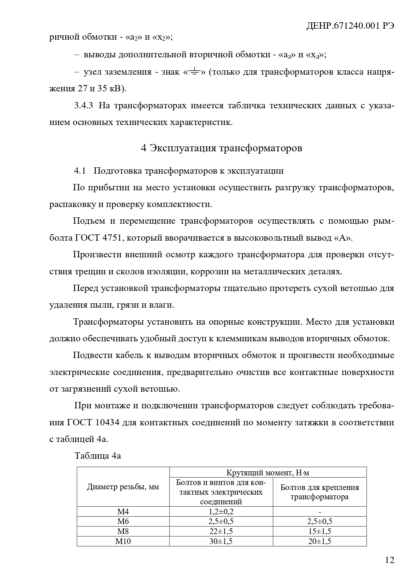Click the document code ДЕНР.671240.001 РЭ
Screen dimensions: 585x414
pos(350,26)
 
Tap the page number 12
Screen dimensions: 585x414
pos(389,560)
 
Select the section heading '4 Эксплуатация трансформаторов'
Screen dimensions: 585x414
pos(222,148)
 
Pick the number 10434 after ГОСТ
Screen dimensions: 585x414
pos(107,423)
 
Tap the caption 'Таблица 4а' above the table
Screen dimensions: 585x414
pos(98,456)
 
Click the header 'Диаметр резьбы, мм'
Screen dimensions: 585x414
pos(123,487)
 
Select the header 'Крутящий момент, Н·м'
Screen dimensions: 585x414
pos(268,472)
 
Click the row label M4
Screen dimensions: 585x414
pos(123,512)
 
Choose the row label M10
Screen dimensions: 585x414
pos(123,541)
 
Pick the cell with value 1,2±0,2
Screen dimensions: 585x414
pos(221,512)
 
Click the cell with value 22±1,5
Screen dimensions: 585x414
pos(221,531)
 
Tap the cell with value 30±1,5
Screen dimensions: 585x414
pos(221,541)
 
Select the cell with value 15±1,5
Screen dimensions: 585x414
pos(320,531)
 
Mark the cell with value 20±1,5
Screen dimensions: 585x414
pos(320,541)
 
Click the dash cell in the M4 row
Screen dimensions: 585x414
pos(320,512)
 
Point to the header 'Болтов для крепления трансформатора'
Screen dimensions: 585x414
pos(320,492)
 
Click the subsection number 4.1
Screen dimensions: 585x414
pos(80,171)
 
